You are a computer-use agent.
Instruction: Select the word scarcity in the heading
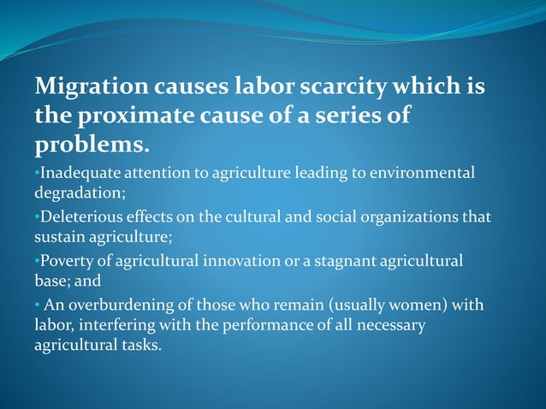[346, 87]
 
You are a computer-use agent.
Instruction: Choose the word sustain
[58, 235]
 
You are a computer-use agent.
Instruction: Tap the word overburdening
[117, 305]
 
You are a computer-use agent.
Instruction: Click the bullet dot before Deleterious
[37, 216]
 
